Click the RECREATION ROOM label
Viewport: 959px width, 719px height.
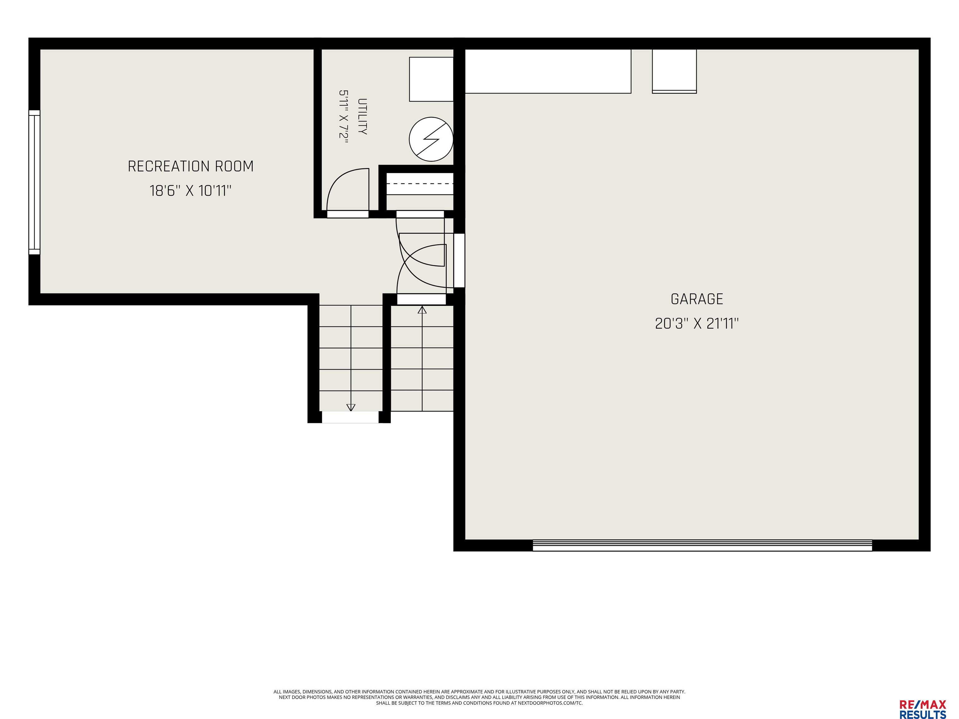[191, 166]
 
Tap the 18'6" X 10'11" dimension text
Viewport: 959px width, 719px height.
[191, 191]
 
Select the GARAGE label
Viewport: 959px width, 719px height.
[697, 299]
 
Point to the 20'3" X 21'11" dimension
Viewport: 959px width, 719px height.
[697, 323]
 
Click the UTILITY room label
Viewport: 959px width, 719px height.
[362, 117]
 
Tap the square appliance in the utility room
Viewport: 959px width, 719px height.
[431, 79]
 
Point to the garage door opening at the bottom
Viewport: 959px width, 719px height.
[702, 545]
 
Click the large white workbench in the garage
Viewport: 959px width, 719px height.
[548, 71]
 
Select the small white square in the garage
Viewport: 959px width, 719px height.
[674, 71]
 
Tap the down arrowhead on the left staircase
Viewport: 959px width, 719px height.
[351, 407]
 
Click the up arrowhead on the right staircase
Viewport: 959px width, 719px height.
[422, 310]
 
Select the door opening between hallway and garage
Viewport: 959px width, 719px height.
[459, 261]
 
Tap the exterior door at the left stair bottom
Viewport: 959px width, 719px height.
[350, 417]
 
